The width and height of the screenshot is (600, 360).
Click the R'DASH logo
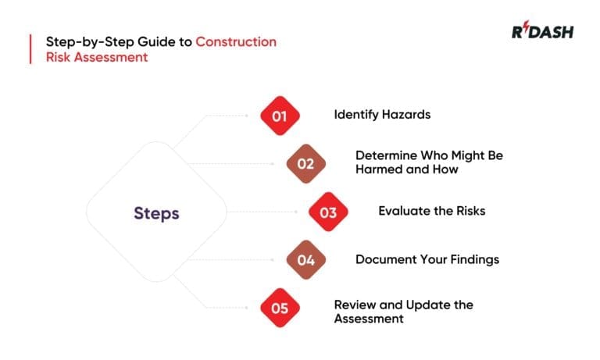[x=542, y=32]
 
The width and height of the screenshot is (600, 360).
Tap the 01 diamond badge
[x=280, y=116]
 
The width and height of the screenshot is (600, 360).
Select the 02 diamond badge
[x=305, y=164]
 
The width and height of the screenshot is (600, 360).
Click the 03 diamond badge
[x=328, y=212]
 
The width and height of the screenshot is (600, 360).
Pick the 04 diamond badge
[x=305, y=260]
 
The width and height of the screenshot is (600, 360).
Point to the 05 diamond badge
[x=280, y=308]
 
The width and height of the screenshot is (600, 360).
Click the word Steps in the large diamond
[x=156, y=212]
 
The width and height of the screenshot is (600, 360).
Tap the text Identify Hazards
[x=382, y=115]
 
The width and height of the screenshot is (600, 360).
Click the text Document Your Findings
[x=427, y=259]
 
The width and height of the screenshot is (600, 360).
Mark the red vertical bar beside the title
[x=30, y=48]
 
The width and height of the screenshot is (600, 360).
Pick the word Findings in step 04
[x=473, y=259]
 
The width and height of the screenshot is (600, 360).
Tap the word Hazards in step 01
[x=405, y=115]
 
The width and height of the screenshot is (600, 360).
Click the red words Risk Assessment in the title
[x=96, y=57]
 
